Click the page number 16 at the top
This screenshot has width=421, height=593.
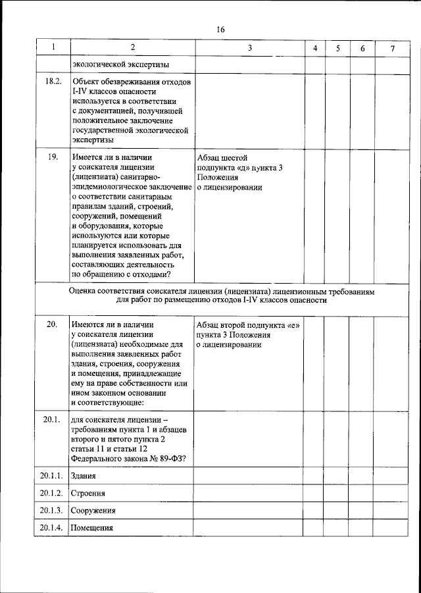tap(221, 30)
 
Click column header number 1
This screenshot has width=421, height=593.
tap(53, 49)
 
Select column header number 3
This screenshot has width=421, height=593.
tap(249, 49)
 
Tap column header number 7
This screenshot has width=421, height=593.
tap(393, 49)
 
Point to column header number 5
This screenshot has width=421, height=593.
tap(337, 49)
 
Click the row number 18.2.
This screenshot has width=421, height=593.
tap(53, 82)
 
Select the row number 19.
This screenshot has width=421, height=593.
tap(53, 158)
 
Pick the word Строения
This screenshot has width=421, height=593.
tap(88, 493)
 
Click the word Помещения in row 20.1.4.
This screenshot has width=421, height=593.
tap(92, 528)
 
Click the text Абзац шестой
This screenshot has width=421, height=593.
tap(222, 158)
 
